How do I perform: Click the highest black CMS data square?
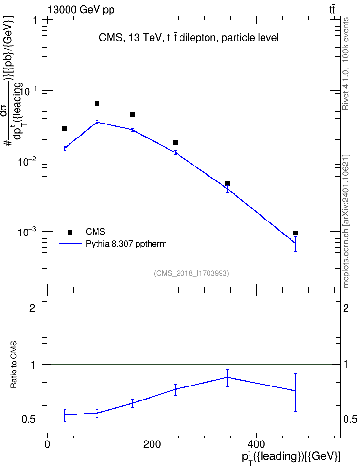(97, 103)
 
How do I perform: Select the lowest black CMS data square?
(295, 233)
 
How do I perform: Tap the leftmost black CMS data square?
(65, 129)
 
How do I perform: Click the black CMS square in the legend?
(70, 232)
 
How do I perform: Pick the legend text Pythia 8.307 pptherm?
(126, 244)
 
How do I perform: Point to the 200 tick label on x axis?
(152, 444)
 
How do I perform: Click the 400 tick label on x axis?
(256, 444)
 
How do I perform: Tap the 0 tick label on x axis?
(47, 444)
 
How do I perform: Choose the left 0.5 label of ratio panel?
(28, 420)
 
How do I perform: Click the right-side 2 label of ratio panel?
(346, 308)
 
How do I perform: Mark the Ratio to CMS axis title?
(14, 365)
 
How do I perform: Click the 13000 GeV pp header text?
(81, 10)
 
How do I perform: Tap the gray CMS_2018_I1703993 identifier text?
(192, 273)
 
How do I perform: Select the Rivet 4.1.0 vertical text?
(346, 90)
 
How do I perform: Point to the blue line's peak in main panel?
(97, 122)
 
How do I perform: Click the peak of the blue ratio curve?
(227, 377)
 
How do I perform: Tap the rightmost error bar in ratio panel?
(295, 393)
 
